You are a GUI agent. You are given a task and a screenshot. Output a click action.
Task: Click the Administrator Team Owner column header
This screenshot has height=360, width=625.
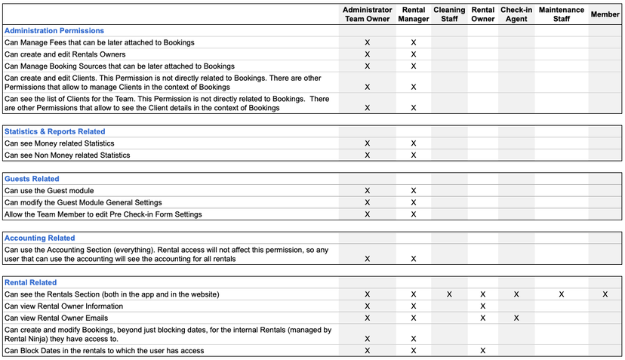pyautogui.click(x=368, y=14)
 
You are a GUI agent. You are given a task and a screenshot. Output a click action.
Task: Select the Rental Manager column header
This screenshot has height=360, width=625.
pyautogui.click(x=414, y=14)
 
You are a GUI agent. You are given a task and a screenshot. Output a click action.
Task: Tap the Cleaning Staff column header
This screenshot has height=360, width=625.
pyautogui.click(x=449, y=14)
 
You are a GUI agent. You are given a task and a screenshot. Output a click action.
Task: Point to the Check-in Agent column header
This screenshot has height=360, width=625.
pyautogui.click(x=516, y=14)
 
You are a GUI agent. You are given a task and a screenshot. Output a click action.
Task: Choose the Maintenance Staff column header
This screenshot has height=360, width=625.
pyautogui.click(x=562, y=14)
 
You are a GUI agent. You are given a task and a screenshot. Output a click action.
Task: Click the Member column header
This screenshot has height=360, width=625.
pyautogui.click(x=605, y=14)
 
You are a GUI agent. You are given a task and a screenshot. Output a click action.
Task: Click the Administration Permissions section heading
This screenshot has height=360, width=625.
pyautogui.click(x=54, y=31)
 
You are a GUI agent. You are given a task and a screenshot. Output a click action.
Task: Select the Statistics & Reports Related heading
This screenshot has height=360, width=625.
pyautogui.click(x=55, y=131)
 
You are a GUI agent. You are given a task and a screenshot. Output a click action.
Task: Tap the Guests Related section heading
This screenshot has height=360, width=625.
pyautogui.click(x=32, y=179)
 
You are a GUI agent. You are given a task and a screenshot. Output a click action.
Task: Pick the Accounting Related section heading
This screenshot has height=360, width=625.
pyautogui.click(x=40, y=238)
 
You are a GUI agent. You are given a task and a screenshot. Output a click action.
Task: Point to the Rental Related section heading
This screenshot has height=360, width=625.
pyautogui.click(x=31, y=282)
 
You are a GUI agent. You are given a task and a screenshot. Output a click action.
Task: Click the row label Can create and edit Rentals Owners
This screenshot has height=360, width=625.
pyautogui.click(x=65, y=54)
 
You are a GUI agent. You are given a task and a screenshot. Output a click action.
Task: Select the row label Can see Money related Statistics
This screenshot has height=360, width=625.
pyautogui.click(x=60, y=143)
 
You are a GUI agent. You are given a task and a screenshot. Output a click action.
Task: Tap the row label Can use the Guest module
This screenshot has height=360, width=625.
pyautogui.click(x=49, y=191)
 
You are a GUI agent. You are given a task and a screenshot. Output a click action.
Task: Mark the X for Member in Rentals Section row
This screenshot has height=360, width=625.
pyautogui.click(x=605, y=294)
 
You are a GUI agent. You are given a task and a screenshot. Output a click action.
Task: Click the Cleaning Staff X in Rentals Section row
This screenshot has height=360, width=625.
pyautogui.click(x=449, y=294)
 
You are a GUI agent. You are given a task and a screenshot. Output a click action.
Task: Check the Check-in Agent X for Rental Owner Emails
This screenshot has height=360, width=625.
pyautogui.click(x=516, y=318)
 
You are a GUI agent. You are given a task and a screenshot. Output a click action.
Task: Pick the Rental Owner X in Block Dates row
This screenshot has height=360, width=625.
pyautogui.click(x=482, y=351)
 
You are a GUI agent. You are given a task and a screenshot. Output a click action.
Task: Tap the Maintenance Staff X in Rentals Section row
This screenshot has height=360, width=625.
pyautogui.click(x=562, y=294)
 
